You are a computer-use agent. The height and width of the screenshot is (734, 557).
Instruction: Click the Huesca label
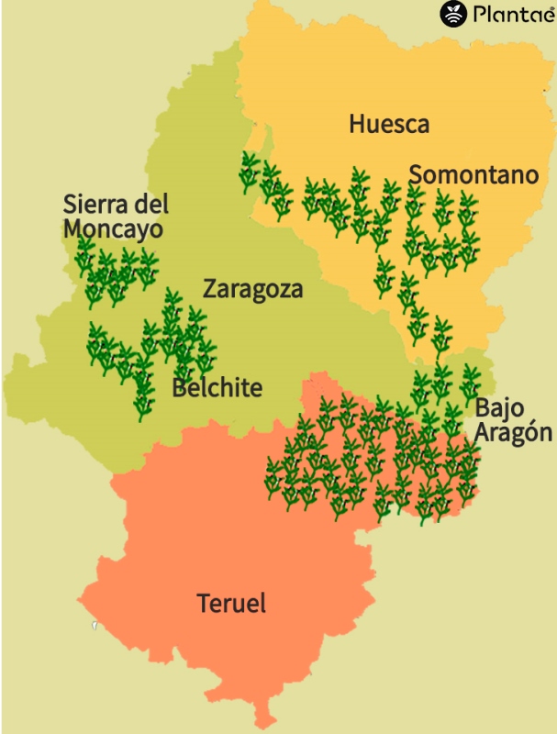tap(389, 124)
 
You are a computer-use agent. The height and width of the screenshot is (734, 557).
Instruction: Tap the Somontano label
tap(473, 174)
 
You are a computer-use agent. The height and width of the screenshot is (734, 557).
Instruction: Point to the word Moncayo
tap(113, 228)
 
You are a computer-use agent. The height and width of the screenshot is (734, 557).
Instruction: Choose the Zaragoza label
tap(252, 290)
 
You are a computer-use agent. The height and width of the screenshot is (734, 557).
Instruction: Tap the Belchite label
tap(217, 388)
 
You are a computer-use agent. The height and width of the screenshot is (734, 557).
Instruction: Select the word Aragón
tap(514, 433)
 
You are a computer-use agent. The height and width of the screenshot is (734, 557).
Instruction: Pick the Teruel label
tap(231, 604)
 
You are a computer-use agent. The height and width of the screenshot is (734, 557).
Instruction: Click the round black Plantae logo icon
tap(453, 14)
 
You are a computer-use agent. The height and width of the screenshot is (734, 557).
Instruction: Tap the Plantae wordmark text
tap(509, 14)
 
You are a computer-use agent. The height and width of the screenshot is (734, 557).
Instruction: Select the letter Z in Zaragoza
tap(210, 290)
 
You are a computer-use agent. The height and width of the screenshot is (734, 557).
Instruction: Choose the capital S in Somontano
tap(416, 174)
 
